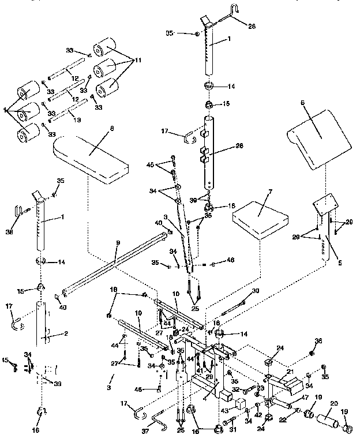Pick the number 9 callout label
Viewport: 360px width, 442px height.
(117, 244)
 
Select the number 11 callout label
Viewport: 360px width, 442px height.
(138, 60)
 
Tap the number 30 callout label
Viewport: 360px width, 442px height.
(256, 291)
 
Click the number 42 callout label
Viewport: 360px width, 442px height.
(258, 414)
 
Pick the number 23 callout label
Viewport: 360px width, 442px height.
(260, 389)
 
